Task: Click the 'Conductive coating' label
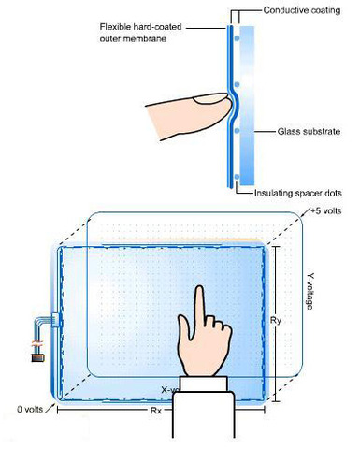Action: (300, 12)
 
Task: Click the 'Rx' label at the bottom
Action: (155, 410)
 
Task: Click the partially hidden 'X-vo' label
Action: (169, 388)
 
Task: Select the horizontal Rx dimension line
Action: (112, 409)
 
